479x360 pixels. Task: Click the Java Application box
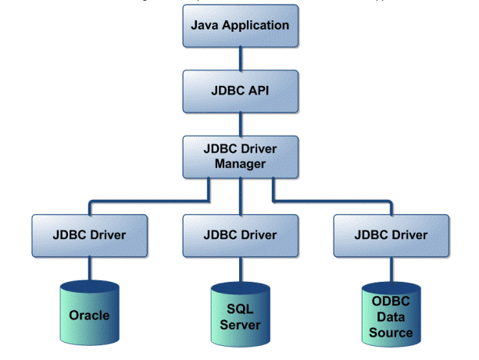click(240, 26)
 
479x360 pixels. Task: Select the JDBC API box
click(240, 90)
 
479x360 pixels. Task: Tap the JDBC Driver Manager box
click(240, 155)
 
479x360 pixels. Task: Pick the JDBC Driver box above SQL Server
click(240, 234)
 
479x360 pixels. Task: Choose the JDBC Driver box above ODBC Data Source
click(391, 234)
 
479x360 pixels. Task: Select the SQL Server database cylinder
click(240, 312)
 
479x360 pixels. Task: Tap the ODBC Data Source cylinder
click(391, 315)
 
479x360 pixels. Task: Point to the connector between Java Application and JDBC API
click(240, 58)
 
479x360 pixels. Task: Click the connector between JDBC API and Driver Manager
click(240, 122)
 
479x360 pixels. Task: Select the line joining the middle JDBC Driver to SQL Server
click(240, 269)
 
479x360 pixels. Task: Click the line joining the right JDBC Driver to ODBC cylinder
click(391, 270)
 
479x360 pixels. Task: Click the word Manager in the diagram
click(240, 164)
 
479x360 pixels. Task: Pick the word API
click(259, 90)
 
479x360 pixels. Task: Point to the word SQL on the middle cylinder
click(240, 309)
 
